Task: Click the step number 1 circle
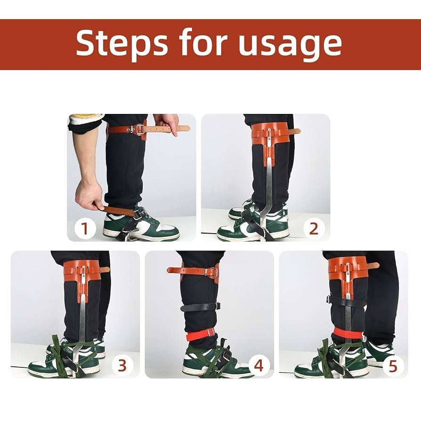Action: point(85,229)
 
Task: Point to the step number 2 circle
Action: point(314,229)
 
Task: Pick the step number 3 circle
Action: point(122,365)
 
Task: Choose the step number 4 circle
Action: point(259,365)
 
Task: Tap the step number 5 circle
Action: point(393,365)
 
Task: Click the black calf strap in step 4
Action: point(200,307)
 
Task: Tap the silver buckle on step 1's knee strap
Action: point(139,129)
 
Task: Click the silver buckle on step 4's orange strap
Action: point(212,272)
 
